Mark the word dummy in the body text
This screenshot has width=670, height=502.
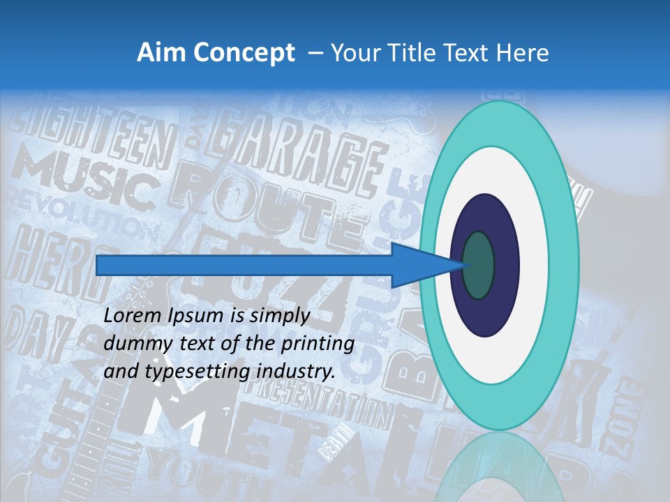tap(133, 344)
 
